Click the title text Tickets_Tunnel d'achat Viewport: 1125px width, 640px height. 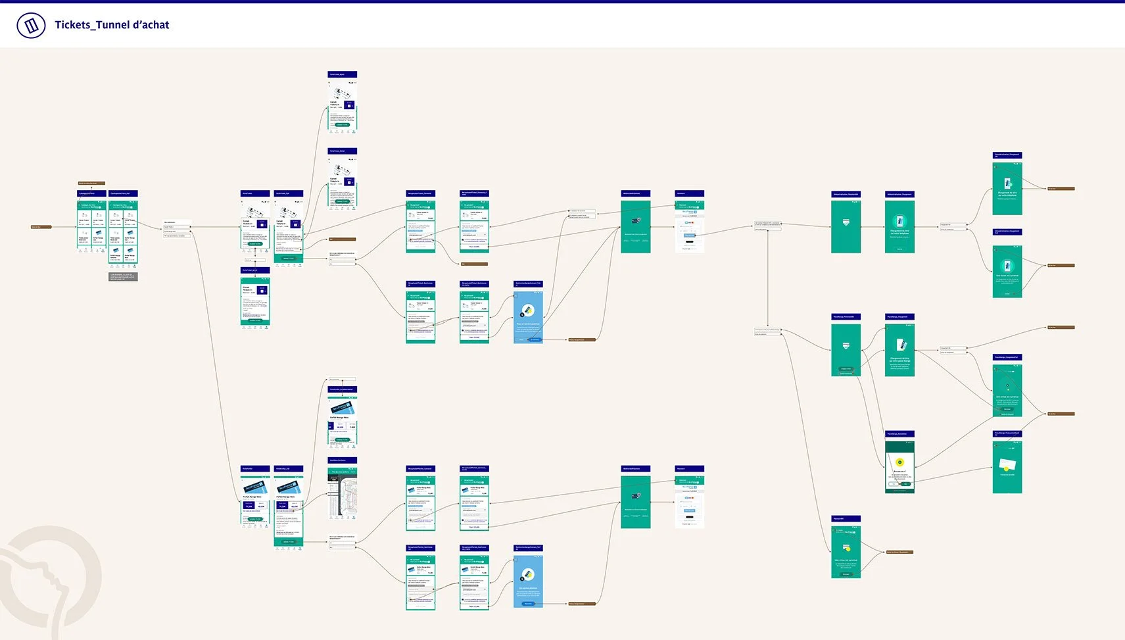coord(112,25)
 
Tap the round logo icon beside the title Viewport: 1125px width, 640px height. coord(31,26)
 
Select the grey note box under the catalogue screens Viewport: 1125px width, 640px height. coord(123,277)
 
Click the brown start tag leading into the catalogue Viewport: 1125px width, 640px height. coord(41,227)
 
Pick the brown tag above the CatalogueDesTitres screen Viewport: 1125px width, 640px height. coord(91,183)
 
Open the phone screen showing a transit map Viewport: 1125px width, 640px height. coord(343,493)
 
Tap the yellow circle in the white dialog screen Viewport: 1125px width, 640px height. coord(899,462)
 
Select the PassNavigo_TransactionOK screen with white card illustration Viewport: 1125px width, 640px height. coord(1007,466)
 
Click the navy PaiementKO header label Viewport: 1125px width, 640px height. coord(846,518)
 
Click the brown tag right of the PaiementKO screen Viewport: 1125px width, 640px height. coord(898,552)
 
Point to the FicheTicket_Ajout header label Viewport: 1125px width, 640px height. coord(342,74)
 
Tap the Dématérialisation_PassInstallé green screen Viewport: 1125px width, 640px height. coord(846,226)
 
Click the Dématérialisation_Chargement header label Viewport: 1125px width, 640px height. coord(899,194)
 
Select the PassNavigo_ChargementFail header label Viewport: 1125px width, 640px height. coord(1007,357)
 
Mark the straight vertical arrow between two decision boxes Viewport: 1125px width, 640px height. coord(767,276)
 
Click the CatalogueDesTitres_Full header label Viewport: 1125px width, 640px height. coord(123,193)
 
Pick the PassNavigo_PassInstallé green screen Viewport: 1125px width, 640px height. coord(846,349)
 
